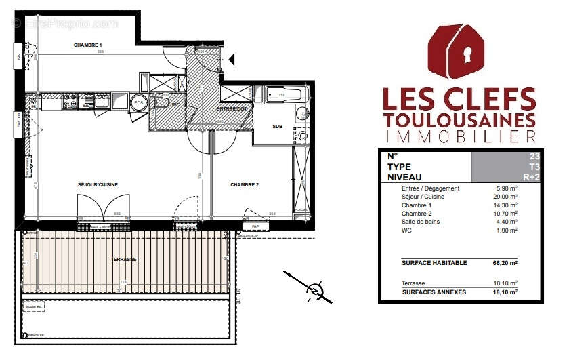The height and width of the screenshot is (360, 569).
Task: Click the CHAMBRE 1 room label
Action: pyautogui.click(x=87, y=45)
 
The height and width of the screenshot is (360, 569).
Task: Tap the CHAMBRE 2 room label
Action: pyautogui.click(x=245, y=184)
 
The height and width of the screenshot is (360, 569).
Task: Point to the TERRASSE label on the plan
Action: pyautogui.click(x=124, y=260)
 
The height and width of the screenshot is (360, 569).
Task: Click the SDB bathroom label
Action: pyautogui.click(x=278, y=127)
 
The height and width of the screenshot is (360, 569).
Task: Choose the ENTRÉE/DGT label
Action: pyautogui.click(x=232, y=108)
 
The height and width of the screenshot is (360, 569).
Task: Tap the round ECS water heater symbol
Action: pyautogui.click(x=139, y=102)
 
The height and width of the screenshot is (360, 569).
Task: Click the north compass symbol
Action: pyautogui.click(x=314, y=291)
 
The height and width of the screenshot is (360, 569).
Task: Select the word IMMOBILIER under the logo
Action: pyautogui.click(x=459, y=137)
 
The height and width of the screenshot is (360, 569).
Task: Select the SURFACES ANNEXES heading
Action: pyautogui.click(x=434, y=292)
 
